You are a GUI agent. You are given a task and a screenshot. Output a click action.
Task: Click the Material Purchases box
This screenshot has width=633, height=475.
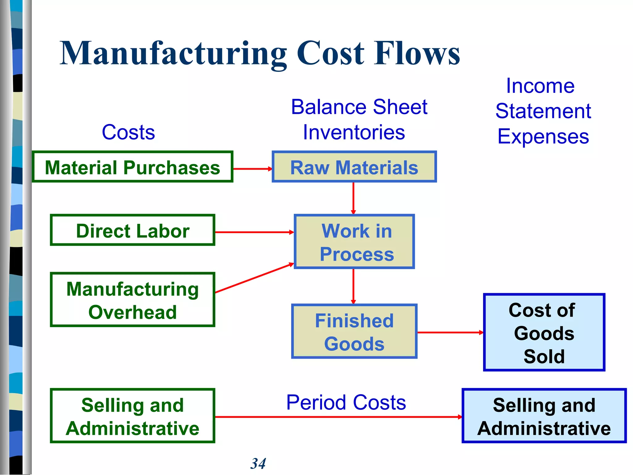coord(132,167)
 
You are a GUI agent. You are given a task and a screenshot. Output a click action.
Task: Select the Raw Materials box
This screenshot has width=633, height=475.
coord(354,167)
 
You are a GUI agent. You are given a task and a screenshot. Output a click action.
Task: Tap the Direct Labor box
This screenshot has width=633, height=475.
coord(132,230)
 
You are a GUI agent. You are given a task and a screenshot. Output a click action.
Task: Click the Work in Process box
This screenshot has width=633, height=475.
coord(354,242)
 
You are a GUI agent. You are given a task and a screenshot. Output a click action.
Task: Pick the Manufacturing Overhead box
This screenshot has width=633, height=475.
coord(132,300)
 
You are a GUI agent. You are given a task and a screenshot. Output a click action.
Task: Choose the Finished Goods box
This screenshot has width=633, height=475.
coord(354,332)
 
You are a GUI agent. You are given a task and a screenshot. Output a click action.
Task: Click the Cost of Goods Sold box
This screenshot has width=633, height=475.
coord(544,332)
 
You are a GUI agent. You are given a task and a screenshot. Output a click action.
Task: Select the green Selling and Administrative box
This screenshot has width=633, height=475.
coord(132,416)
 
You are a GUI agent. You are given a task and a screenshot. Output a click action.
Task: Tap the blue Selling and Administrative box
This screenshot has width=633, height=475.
coord(544,416)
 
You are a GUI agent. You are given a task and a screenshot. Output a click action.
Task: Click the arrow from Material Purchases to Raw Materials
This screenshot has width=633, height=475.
coord(252,169)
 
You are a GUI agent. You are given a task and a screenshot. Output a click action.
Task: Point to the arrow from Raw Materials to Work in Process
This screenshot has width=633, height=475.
coord(353,198)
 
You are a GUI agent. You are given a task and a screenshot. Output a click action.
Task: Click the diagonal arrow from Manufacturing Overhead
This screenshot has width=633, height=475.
coord(254,278)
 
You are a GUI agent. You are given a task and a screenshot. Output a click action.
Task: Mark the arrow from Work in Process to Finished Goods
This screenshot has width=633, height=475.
coord(353,286)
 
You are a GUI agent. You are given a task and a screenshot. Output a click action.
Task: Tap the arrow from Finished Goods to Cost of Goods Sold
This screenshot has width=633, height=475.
coord(450,332)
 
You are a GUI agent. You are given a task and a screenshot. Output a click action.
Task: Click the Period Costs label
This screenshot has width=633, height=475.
coord(346,402)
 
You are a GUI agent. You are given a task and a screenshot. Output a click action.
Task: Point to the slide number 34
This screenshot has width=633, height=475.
coord(258,464)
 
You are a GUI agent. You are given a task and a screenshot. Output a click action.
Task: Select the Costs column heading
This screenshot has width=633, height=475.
coord(128,132)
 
